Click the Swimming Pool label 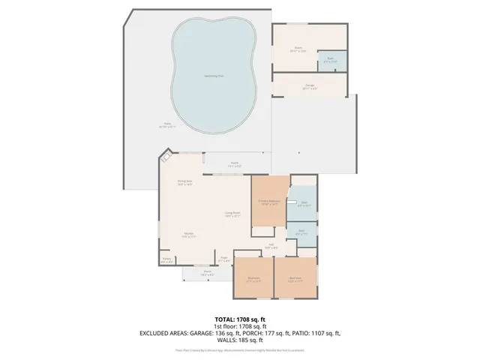[213, 76]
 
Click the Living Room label [233, 214]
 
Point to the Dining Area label [184, 183]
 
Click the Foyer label [223, 260]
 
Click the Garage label [309, 86]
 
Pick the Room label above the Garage [298, 49]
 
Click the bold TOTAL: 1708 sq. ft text [239, 319]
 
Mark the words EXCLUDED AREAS [159, 332]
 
